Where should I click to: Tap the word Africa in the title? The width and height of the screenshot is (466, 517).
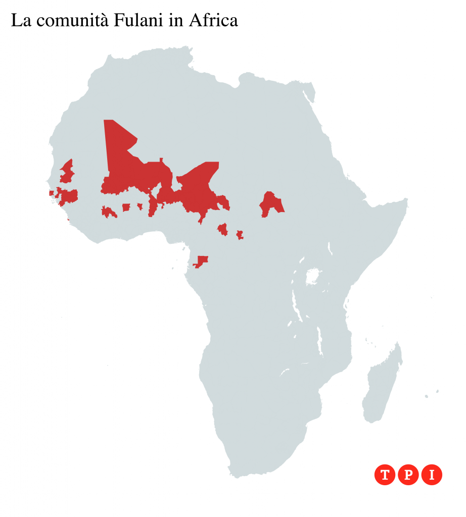[x=213, y=21]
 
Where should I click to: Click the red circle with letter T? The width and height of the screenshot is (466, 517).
[x=385, y=475]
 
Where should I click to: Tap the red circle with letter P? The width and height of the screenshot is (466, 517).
[x=408, y=475]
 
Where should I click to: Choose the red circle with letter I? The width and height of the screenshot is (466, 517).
[x=432, y=475]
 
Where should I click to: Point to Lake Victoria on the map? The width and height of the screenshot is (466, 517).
[x=314, y=277]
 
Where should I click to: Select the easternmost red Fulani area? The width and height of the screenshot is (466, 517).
[x=271, y=204]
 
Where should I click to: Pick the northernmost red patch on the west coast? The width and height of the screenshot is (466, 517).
[x=67, y=172]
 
